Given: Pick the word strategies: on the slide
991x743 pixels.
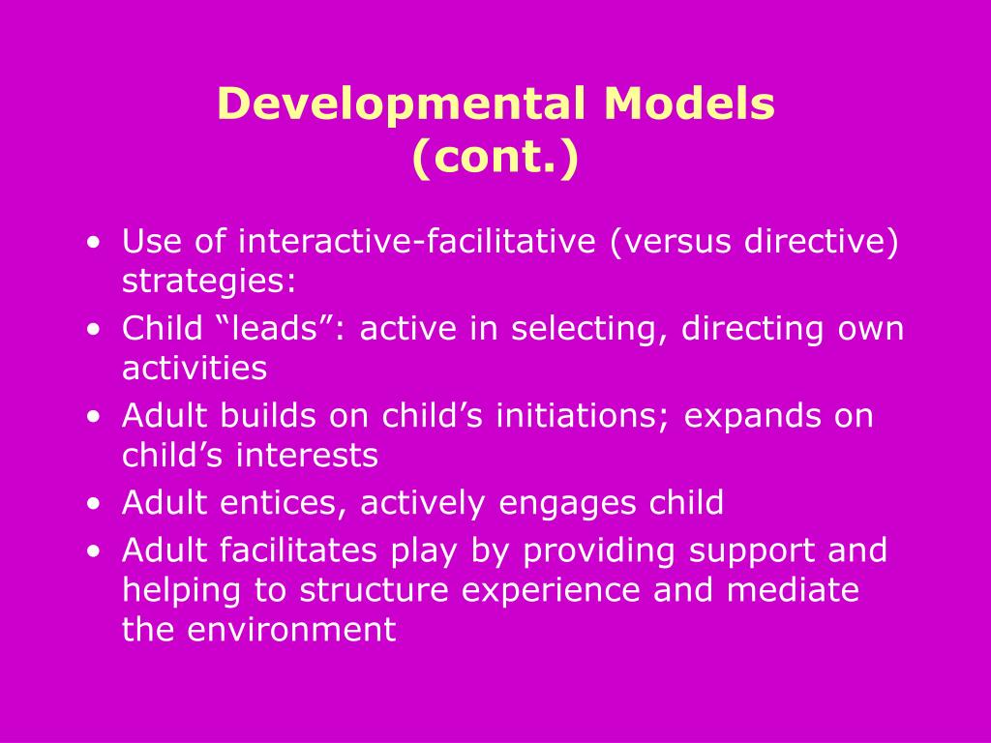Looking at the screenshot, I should click(209, 282).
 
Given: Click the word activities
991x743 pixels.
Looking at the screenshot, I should click(194, 368).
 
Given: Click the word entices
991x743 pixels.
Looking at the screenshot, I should click(288, 503).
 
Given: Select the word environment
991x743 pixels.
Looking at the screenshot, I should click(291, 630).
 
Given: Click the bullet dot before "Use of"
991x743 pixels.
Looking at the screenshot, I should click(92, 242).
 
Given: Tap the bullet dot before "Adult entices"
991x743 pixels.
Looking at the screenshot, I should click(92, 503).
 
